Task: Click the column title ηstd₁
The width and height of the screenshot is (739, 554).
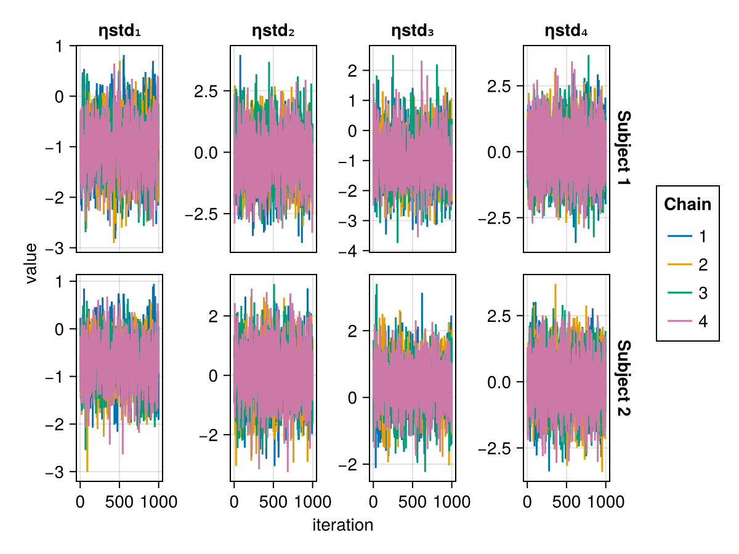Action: click(x=119, y=31)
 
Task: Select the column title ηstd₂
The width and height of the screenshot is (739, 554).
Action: click(x=273, y=31)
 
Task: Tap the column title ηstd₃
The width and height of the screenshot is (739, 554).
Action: click(x=412, y=31)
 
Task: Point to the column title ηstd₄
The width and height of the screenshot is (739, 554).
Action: click(x=566, y=31)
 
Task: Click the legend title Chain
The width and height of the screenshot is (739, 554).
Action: click(x=687, y=204)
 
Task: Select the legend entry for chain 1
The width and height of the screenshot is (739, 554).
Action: click(x=687, y=236)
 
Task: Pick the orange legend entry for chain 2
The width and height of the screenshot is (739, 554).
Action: click(x=687, y=265)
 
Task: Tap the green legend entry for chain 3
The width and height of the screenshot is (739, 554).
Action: click(x=687, y=293)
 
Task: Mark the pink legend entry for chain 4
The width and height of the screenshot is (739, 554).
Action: click(x=687, y=321)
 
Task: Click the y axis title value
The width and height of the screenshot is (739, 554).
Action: click(x=31, y=263)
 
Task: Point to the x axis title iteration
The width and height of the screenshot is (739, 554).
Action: click(x=342, y=525)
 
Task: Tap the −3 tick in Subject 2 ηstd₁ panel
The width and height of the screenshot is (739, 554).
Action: click(x=57, y=472)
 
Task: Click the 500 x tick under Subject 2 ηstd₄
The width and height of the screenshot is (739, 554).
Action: click(x=566, y=501)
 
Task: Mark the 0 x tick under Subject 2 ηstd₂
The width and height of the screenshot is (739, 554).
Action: click(x=234, y=501)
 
